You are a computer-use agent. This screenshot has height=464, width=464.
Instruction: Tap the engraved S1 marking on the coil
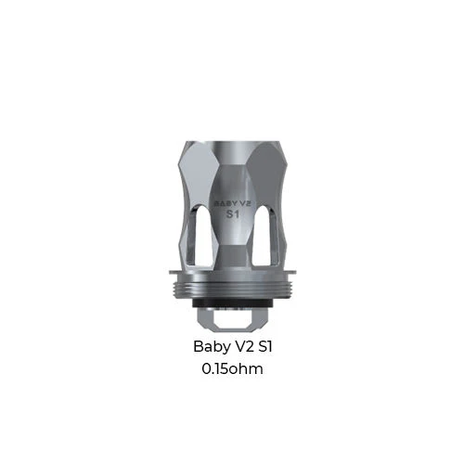[233, 214]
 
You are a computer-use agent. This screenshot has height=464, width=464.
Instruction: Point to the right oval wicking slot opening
[263, 236]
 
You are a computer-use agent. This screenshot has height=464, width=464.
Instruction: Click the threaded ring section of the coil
[233, 287]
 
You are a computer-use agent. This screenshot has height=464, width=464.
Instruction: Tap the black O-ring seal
[233, 303]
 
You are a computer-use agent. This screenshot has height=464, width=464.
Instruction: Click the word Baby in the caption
[212, 347]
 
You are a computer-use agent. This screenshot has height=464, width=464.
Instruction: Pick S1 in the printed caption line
[265, 346]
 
